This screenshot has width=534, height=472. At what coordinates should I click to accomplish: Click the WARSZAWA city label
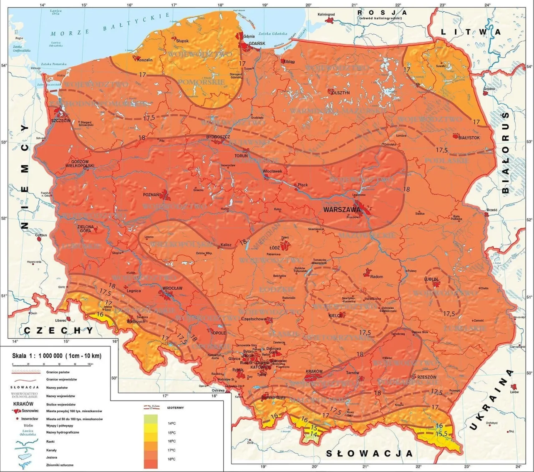click(x=341, y=209)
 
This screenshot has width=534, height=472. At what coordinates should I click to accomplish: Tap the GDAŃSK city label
click(x=257, y=43)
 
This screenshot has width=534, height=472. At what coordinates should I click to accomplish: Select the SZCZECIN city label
click(x=60, y=121)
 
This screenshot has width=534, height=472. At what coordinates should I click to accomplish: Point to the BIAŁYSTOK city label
click(x=469, y=137)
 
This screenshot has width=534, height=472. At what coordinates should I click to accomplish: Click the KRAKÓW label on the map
click(x=314, y=371)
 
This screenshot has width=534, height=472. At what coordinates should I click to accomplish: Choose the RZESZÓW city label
click(x=426, y=377)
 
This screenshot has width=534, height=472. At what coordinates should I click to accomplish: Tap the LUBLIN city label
click(x=431, y=279)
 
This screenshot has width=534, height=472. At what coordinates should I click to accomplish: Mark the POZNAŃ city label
click(x=151, y=194)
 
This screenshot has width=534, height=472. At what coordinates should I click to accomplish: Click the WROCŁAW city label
click(x=172, y=288)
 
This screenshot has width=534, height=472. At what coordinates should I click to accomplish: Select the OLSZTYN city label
click(x=341, y=93)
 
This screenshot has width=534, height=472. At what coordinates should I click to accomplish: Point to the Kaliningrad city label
click(x=326, y=15)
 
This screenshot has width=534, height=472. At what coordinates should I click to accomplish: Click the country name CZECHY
click(x=58, y=331)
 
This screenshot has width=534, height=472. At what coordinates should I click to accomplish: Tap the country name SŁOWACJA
click(x=369, y=453)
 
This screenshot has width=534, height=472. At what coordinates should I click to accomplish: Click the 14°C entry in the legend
click(x=171, y=423)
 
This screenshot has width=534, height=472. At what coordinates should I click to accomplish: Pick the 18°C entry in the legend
click(x=171, y=459)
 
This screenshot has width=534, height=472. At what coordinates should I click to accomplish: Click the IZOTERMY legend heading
click(x=175, y=407)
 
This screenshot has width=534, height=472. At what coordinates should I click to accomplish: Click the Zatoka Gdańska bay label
click(x=272, y=34)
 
